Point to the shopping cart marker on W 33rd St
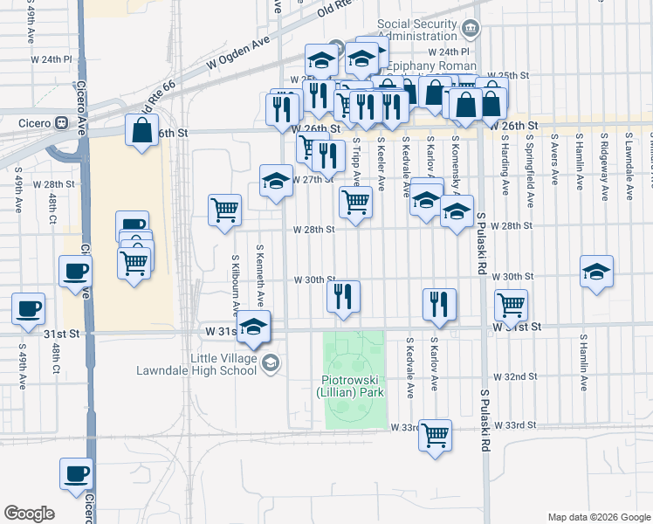[x=435, y=434]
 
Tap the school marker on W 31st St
[x=254, y=327]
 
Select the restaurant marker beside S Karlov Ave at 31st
[x=439, y=305]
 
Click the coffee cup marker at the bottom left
[x=76, y=473]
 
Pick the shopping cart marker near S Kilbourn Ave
[x=225, y=210]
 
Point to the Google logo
[x=29, y=514]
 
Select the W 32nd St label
[x=513, y=376]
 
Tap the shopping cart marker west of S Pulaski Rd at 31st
[x=511, y=305]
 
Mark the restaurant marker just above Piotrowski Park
[x=344, y=296]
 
